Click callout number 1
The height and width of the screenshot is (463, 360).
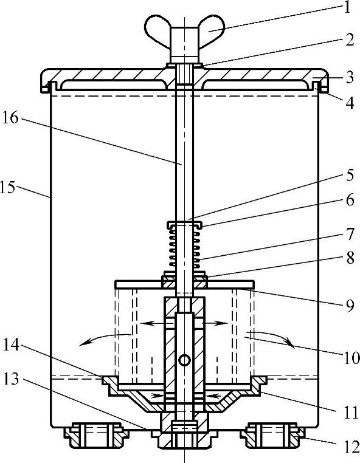348,7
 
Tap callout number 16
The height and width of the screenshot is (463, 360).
10,118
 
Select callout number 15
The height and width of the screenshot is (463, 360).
7,187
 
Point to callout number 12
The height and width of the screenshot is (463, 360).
351,447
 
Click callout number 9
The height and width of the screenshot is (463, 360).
350,306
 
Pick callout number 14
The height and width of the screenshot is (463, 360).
11,345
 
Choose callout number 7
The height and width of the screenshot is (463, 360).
350,234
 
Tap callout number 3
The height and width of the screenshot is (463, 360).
350,77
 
